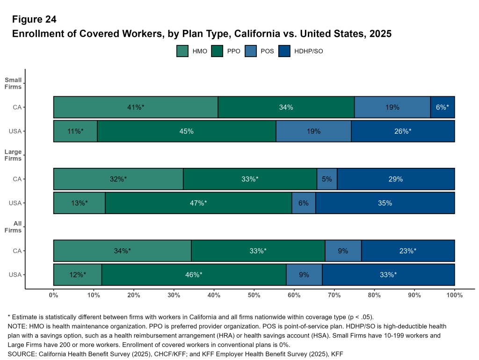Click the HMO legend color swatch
(182, 51)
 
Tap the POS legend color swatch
(251, 51)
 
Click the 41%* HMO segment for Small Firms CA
(136, 107)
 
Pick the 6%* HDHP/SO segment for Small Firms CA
(442, 107)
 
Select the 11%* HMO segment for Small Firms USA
(75, 131)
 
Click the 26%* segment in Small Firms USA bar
(403, 131)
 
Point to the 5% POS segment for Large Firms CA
(327, 179)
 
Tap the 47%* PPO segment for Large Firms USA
(198, 203)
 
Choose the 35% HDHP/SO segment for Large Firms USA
(385, 203)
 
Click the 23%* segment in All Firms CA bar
(408, 251)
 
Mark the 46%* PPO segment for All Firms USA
(194, 275)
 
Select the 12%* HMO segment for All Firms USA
(78, 275)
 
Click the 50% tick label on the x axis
(254, 295)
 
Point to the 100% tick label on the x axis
(454, 295)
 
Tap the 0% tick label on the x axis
(54, 295)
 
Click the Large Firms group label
(13, 155)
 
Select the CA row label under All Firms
(17, 251)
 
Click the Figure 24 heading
(34, 19)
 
